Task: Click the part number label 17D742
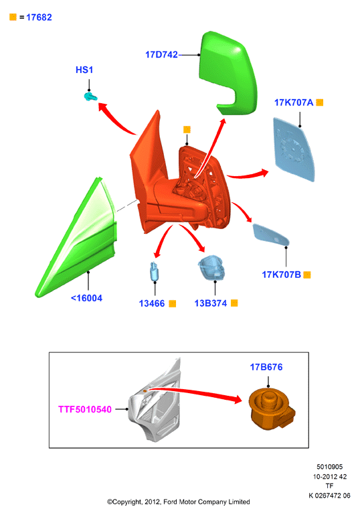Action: (x=161, y=54)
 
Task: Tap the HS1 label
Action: (x=84, y=70)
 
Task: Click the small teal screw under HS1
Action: (x=90, y=96)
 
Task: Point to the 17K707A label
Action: (x=294, y=102)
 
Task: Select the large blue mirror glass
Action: (x=294, y=149)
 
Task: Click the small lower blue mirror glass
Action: (x=271, y=234)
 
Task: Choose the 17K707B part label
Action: (x=281, y=275)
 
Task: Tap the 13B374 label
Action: (x=211, y=303)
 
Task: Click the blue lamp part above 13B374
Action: (x=211, y=267)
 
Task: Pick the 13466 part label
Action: (x=152, y=303)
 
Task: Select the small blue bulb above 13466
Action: (x=154, y=272)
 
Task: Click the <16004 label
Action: (x=86, y=298)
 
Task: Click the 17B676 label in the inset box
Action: (x=266, y=367)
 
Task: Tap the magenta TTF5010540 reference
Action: (x=85, y=409)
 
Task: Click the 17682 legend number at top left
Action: (x=39, y=17)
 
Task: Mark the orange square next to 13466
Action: (x=172, y=303)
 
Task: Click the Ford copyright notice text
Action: (x=179, y=502)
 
